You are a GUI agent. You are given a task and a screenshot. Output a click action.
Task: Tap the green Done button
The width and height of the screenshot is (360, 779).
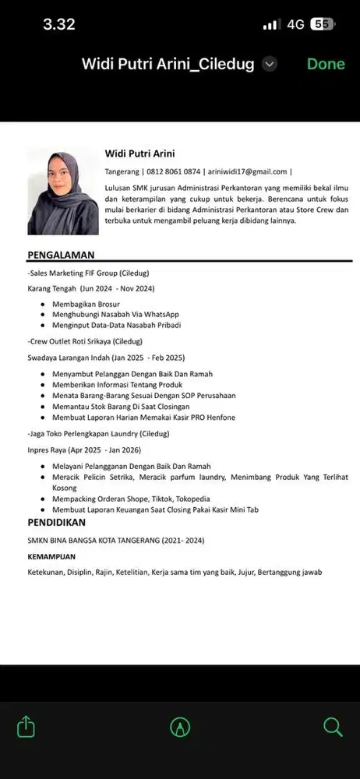pyautogui.click(x=326, y=65)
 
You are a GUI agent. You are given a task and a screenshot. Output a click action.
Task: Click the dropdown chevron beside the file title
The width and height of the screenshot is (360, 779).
pyautogui.click(x=270, y=65)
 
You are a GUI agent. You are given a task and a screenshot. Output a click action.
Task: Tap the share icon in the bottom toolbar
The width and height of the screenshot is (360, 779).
pyautogui.click(x=26, y=727)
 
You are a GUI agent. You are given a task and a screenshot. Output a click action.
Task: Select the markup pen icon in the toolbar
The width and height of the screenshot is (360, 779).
pyautogui.click(x=180, y=727)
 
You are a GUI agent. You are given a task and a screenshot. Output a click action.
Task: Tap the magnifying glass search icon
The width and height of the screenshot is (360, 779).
pyautogui.click(x=333, y=727)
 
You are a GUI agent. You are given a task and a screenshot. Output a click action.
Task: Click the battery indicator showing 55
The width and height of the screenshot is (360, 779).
pyautogui.click(x=321, y=24)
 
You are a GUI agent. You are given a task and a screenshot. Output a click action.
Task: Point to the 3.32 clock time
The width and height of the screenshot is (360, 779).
pyautogui.click(x=58, y=24)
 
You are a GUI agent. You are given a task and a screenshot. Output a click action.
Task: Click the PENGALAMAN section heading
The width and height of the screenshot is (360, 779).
pyautogui.click(x=61, y=255)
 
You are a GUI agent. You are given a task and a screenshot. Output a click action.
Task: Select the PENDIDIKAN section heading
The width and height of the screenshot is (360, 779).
pyautogui.click(x=57, y=521)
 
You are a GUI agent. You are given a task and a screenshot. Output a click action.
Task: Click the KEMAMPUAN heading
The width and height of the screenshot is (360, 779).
pyautogui.click(x=51, y=557)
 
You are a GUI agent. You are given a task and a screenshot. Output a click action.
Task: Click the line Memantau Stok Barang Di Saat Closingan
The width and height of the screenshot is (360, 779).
pyautogui.click(x=121, y=407)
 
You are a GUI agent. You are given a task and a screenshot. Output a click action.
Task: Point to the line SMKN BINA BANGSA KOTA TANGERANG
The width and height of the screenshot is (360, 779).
pyautogui.click(x=117, y=540)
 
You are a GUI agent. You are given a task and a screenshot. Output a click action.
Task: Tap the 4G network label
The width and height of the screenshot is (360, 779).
pyautogui.click(x=295, y=24)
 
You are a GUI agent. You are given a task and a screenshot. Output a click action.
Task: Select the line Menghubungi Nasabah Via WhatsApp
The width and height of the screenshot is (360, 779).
pyautogui.click(x=115, y=314)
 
